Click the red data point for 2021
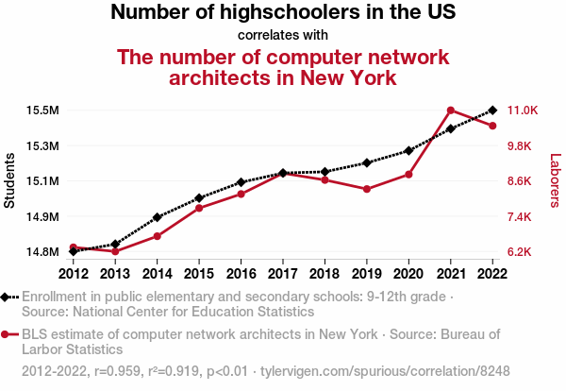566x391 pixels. (451, 110)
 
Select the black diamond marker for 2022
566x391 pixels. (492, 110)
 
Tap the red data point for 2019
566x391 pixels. (367, 189)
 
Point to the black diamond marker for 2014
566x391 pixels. (158, 217)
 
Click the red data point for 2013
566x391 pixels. (115, 251)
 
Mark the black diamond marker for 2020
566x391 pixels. (408, 150)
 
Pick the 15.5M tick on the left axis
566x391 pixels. (42, 110)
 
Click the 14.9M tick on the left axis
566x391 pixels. (42, 217)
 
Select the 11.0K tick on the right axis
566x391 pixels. (523, 110)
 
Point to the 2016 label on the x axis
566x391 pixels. (241, 274)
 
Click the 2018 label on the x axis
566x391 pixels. (325, 274)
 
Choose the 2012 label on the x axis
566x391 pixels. (74, 274)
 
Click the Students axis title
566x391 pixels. (10, 181)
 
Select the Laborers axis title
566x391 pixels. (555, 181)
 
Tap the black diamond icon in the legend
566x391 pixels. (7, 297)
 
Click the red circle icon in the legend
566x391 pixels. (7, 333)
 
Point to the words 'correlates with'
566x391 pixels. (283, 35)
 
